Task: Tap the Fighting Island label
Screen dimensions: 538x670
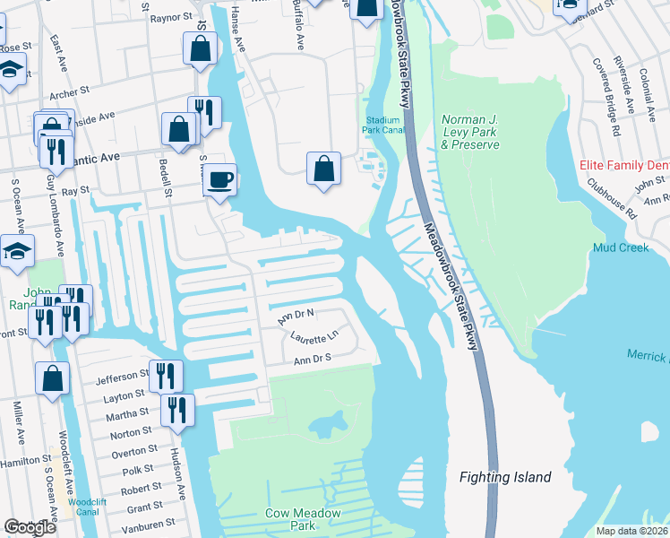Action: (x=505, y=477)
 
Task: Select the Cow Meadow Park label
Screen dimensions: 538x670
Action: (x=289, y=519)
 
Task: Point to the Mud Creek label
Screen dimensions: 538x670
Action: (x=620, y=247)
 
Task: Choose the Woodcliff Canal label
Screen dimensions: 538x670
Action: (x=87, y=507)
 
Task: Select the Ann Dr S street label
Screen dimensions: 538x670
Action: (x=313, y=359)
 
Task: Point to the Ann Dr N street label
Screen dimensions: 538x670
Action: (x=296, y=316)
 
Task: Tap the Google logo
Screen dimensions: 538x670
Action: (x=30, y=527)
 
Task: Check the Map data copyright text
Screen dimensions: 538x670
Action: (x=632, y=531)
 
